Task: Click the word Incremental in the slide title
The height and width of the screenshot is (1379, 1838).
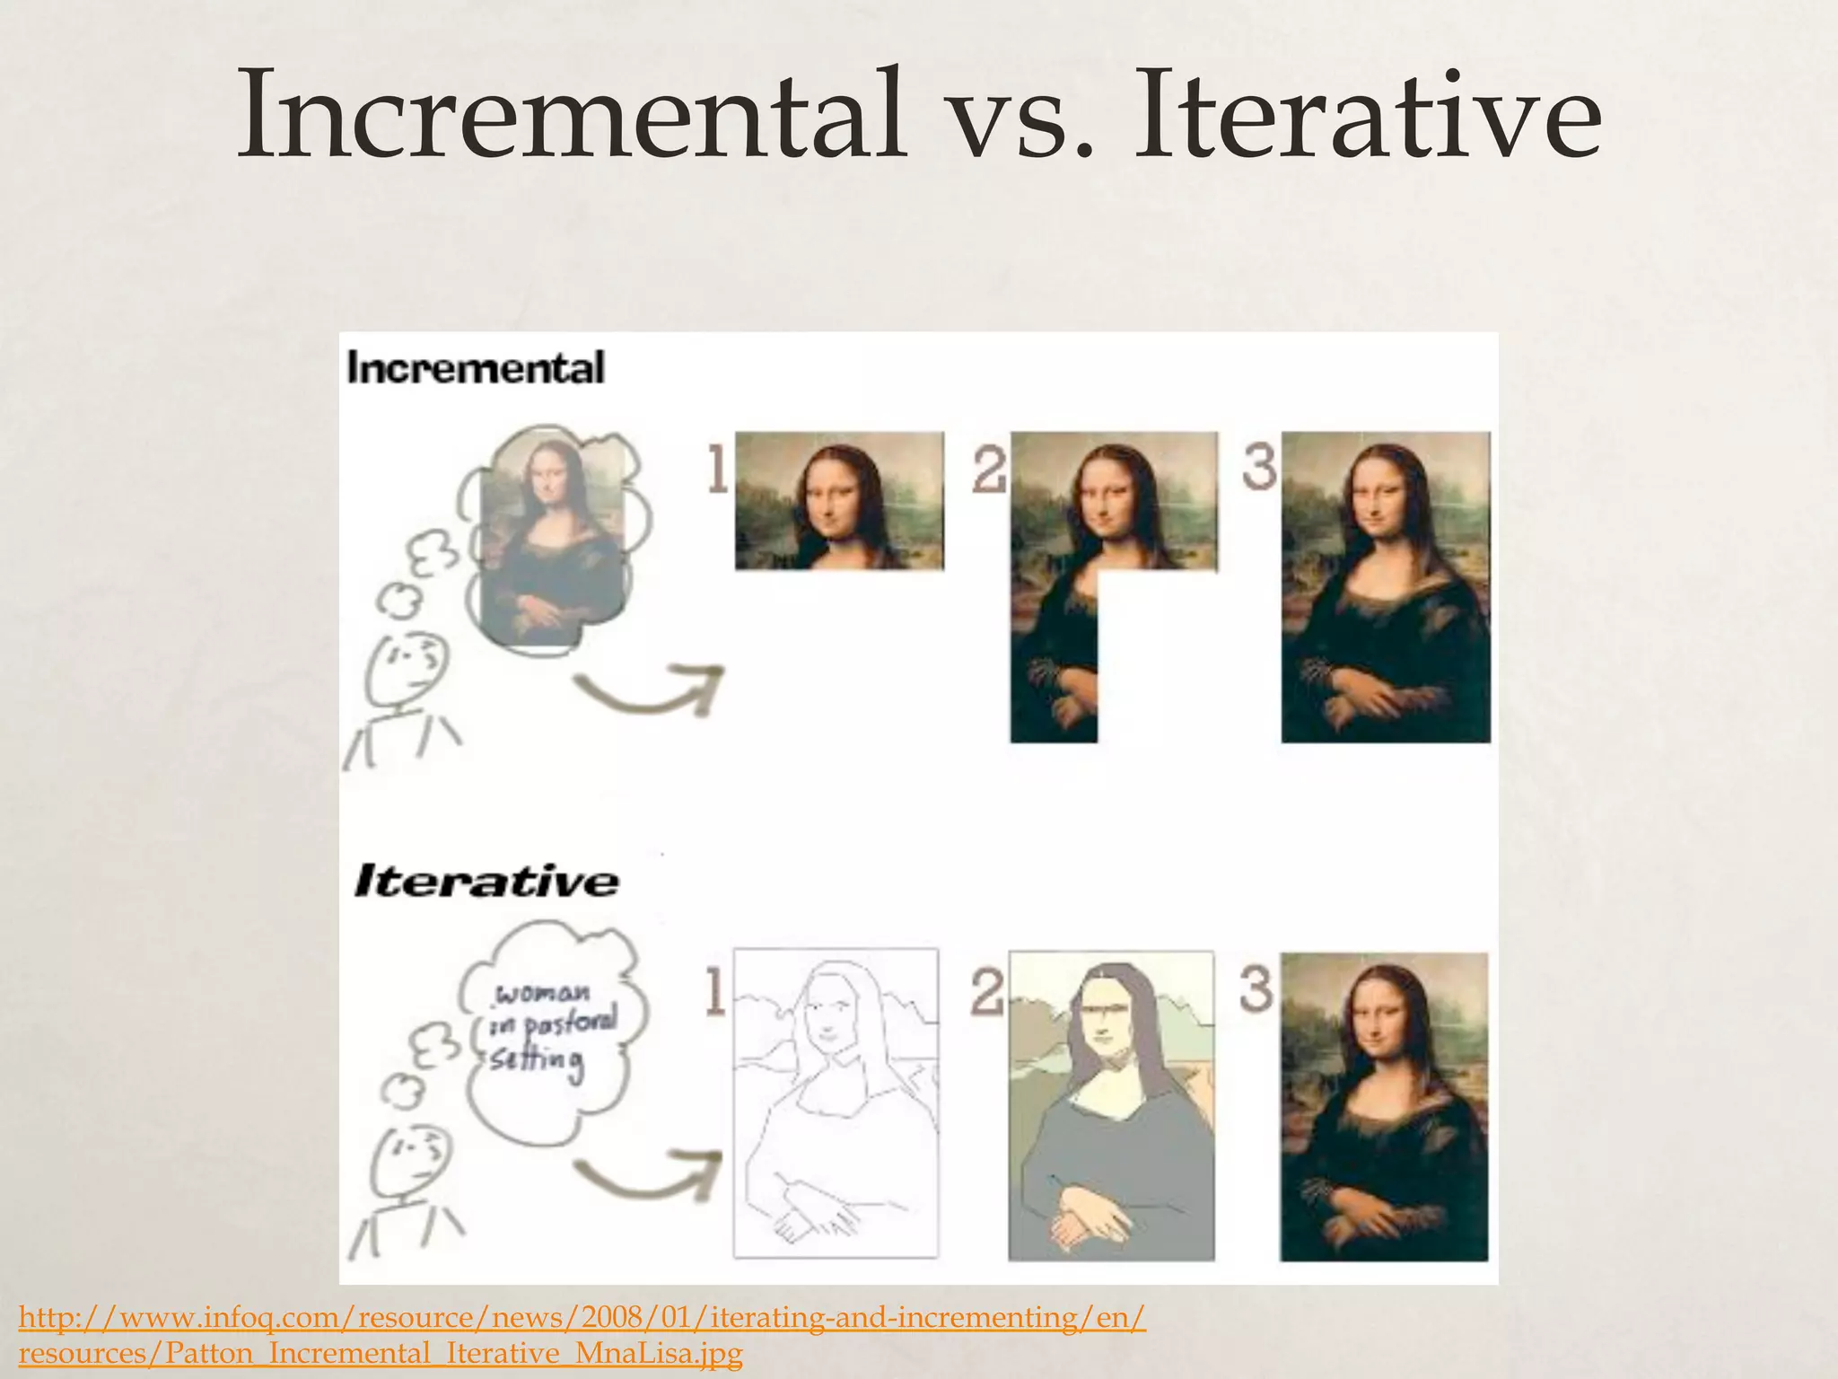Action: click(x=569, y=117)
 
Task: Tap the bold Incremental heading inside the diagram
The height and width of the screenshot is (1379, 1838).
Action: click(x=476, y=368)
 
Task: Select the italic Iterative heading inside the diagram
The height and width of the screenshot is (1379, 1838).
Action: click(x=486, y=881)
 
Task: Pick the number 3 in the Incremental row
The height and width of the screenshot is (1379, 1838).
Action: click(x=1259, y=467)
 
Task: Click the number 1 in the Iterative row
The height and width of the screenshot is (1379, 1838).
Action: click(x=714, y=993)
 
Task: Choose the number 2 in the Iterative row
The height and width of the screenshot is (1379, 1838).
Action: click(x=987, y=993)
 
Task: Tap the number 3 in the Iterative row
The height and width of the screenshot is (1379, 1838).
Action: click(x=1256, y=989)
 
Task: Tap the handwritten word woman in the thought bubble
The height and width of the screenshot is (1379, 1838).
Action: click(x=544, y=994)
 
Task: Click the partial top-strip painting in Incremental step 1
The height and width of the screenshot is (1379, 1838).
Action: click(x=839, y=501)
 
